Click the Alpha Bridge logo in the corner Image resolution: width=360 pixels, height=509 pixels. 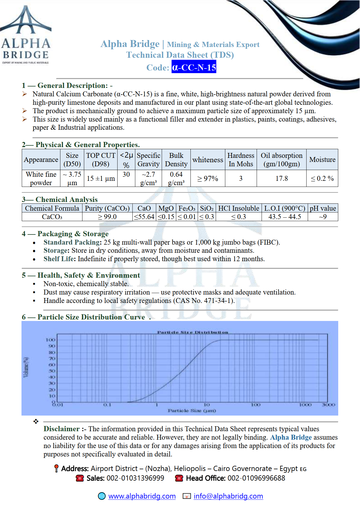click(26, 35)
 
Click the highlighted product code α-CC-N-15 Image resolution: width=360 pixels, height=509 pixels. click(194, 67)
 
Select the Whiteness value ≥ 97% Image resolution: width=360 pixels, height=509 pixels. click(208, 178)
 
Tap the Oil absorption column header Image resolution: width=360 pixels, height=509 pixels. click(281, 160)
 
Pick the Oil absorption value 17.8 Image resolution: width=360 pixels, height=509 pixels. click(282, 178)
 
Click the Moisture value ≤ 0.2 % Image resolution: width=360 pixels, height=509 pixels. click(322, 178)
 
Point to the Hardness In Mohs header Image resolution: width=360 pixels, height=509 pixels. click(241, 160)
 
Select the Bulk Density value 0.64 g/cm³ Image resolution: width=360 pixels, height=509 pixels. click(176, 178)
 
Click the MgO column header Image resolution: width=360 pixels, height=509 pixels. click(166, 208)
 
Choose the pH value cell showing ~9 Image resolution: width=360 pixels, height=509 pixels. click(323, 217)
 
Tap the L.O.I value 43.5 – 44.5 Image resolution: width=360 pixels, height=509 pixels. click(285, 217)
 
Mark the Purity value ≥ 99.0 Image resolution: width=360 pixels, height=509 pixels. click(107, 217)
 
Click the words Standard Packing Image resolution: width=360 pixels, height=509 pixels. click(72, 242)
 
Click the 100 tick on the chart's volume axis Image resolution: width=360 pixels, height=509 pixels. click(51, 340)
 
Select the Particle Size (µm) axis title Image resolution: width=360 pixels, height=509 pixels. click(192, 411)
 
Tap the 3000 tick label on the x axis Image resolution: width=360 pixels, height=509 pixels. click(328, 405)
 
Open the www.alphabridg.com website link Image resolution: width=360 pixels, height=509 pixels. click(142, 496)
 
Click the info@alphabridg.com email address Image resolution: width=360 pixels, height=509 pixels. click(228, 496)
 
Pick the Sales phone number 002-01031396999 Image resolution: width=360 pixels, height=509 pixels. click(135, 478)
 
